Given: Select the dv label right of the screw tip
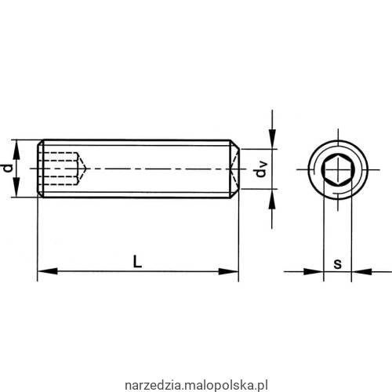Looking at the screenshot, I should pos(262,169).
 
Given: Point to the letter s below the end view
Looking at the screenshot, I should pos(336,263).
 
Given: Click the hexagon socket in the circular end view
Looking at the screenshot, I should pos(336,169).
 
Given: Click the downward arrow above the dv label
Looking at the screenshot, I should pos(271,141).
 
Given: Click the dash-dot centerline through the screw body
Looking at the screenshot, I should pos(157,169).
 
